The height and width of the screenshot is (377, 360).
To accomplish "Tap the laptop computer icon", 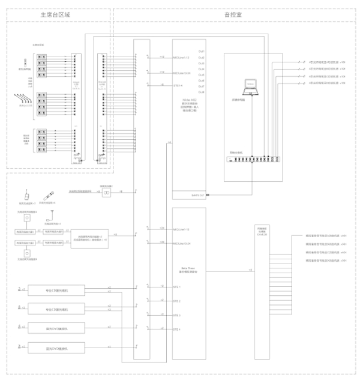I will [250, 88].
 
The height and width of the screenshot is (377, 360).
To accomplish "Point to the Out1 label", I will [202, 51].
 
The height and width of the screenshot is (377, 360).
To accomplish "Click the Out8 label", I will [202, 93].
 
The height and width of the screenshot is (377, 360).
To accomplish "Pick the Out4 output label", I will [202, 69].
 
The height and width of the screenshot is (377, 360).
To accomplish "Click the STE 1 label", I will [176, 287].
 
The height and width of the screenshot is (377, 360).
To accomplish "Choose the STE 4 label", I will [176, 329].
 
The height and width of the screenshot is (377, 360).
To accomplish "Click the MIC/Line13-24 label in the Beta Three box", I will [181, 244].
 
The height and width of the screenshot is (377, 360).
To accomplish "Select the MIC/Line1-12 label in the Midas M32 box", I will [181, 58].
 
